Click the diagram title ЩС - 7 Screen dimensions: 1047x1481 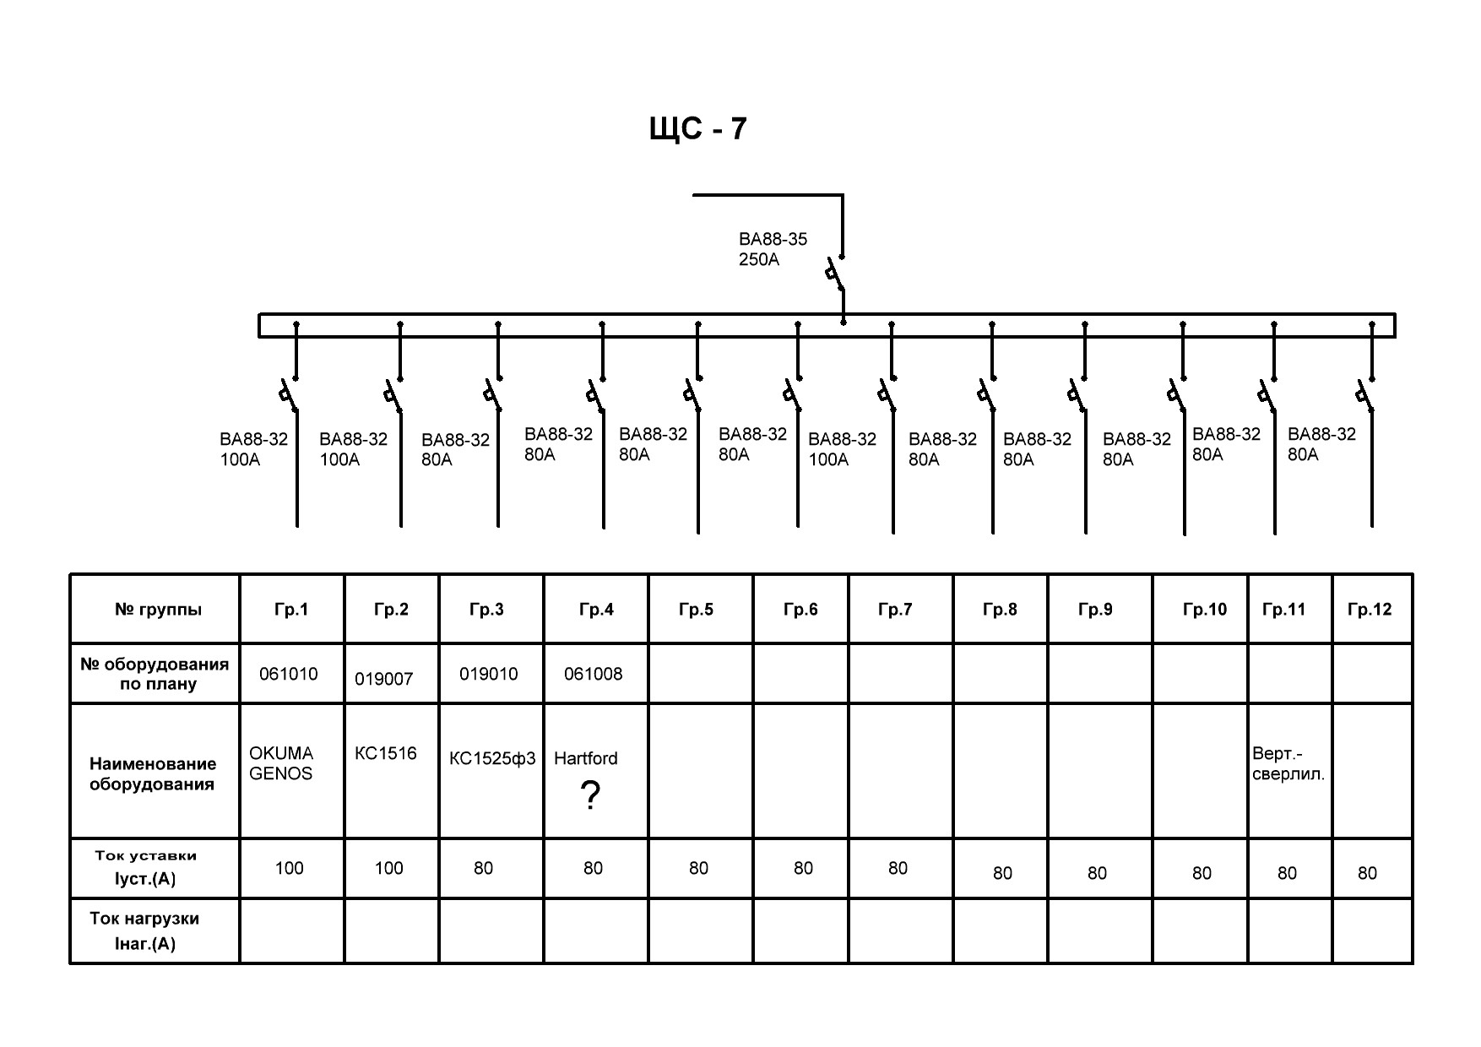(x=697, y=129)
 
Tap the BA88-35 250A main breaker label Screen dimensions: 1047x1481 (x=773, y=249)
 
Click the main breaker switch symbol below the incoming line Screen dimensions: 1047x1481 (x=836, y=275)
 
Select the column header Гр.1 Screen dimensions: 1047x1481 (x=291, y=610)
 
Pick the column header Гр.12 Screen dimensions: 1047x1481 (x=1370, y=610)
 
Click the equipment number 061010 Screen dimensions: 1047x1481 (x=289, y=674)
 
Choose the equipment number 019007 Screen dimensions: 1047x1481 (x=384, y=679)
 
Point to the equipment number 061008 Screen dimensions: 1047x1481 (x=594, y=674)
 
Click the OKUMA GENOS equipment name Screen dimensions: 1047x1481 (x=281, y=763)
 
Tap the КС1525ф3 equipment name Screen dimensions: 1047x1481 (x=492, y=758)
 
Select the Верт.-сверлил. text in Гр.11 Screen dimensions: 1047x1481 (x=1288, y=763)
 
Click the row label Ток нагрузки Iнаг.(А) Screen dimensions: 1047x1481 (x=145, y=930)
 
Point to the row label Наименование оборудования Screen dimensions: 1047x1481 (x=153, y=773)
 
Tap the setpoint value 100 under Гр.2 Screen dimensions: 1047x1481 (x=389, y=868)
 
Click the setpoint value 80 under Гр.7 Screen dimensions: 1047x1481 (x=898, y=868)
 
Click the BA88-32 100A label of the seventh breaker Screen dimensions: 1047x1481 (x=842, y=449)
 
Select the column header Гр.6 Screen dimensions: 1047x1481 (x=800, y=610)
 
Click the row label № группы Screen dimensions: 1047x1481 (x=158, y=610)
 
